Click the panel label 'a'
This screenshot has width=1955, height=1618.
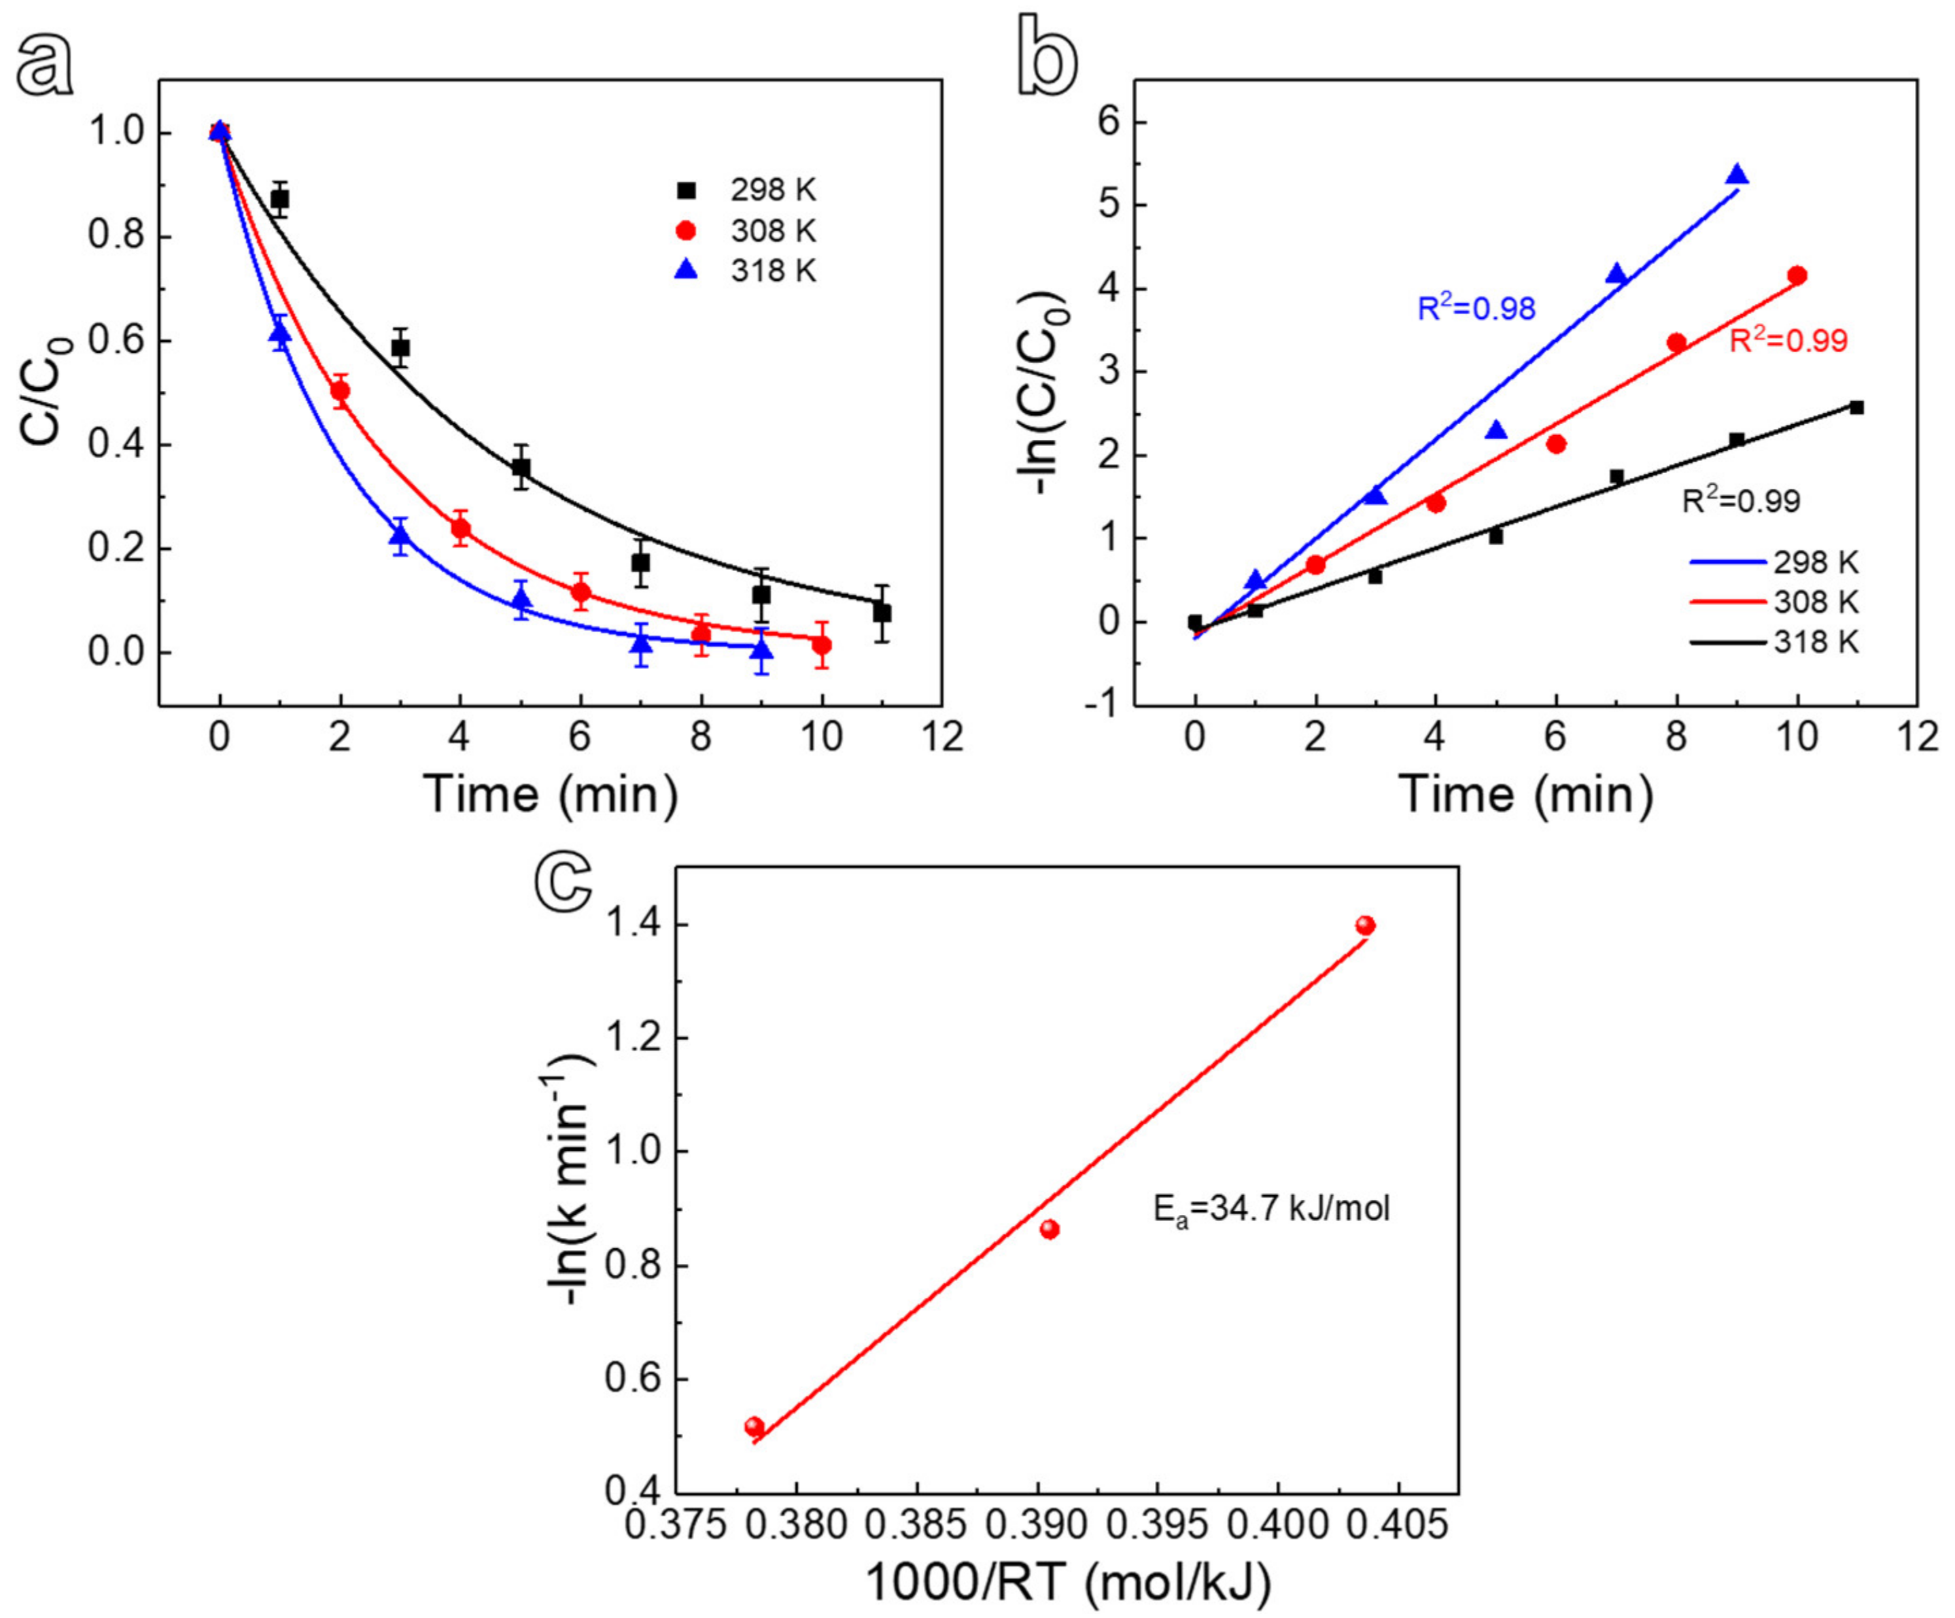(45, 67)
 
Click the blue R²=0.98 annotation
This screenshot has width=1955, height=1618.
(1476, 308)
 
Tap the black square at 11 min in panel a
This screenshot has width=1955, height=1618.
(882, 613)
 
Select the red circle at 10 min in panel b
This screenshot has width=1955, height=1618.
(1797, 275)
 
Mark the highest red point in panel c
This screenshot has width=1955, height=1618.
(1366, 925)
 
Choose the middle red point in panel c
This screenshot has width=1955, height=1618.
(1049, 1230)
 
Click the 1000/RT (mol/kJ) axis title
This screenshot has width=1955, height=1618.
(1068, 1582)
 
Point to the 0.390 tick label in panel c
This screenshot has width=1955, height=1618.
(1049, 1524)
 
